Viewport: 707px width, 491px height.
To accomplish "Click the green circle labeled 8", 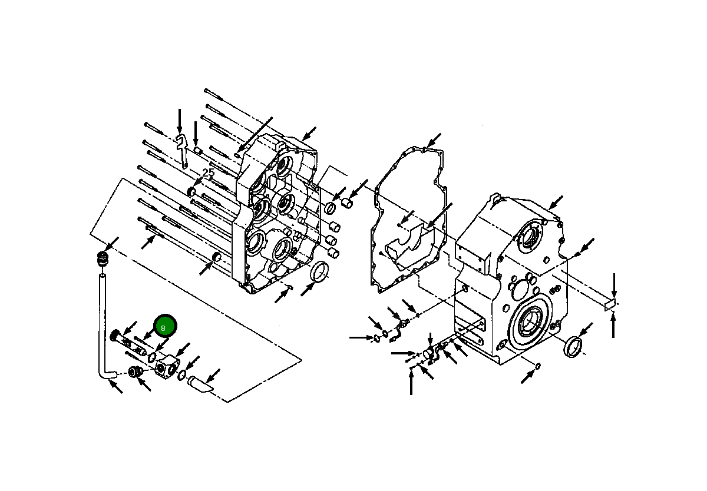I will point(165,326).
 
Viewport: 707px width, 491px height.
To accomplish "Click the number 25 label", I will point(208,173).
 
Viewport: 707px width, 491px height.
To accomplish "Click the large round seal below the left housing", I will point(320,273).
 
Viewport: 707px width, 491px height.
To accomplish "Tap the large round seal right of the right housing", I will point(574,346).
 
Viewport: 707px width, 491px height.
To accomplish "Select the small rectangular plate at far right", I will point(610,304).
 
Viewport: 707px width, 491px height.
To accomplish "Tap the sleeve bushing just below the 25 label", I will point(191,191).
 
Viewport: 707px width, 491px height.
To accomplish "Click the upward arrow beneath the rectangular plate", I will point(614,326).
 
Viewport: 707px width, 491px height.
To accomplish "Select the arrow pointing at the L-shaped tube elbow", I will point(116,387).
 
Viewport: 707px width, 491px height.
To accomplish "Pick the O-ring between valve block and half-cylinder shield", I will point(183,376).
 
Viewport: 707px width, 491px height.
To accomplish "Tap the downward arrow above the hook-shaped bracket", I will point(180,121).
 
